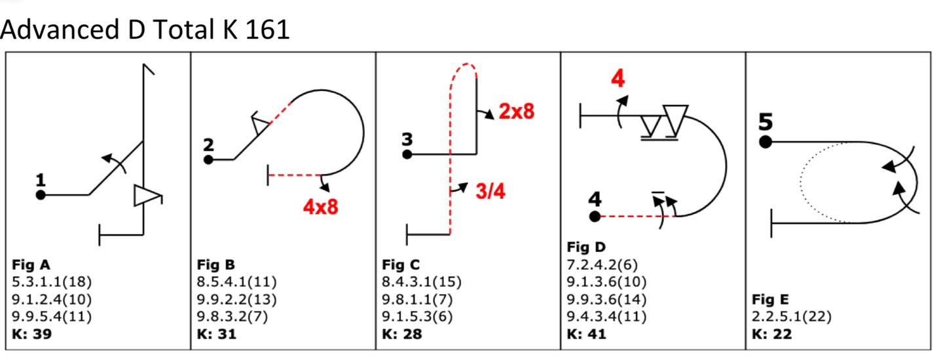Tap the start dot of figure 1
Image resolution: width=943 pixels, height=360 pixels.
click(x=41, y=195)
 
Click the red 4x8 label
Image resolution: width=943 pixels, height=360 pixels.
click(x=321, y=207)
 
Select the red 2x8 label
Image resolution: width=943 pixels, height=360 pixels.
click(x=517, y=111)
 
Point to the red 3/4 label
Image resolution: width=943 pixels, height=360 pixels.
click(x=490, y=191)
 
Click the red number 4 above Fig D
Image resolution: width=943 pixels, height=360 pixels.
click(x=618, y=79)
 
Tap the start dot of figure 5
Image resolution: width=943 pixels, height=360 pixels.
click(x=766, y=142)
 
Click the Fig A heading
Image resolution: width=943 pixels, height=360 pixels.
click(x=31, y=265)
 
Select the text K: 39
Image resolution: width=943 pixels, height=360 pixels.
click(x=32, y=334)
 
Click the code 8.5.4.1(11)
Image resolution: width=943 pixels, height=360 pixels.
click(x=236, y=281)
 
